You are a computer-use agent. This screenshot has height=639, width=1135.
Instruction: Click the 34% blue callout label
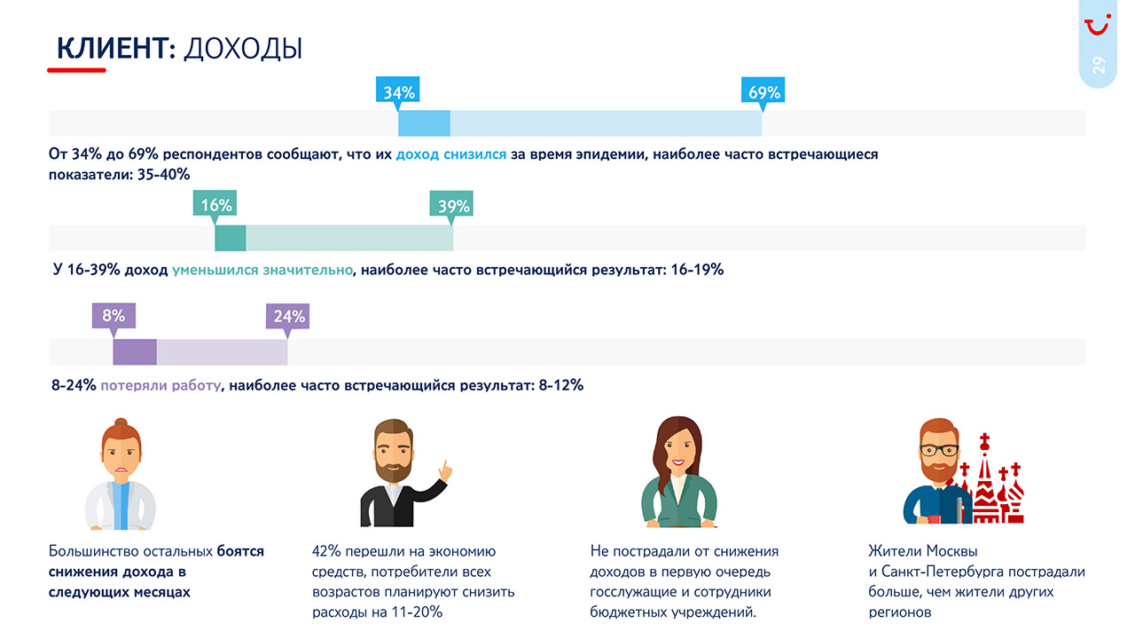pyautogui.click(x=398, y=91)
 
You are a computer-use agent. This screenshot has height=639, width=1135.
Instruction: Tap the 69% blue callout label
pyautogui.click(x=763, y=91)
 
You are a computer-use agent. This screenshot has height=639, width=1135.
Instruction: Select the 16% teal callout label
pyautogui.click(x=215, y=204)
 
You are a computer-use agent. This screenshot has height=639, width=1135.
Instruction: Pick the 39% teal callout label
pyautogui.click(x=451, y=205)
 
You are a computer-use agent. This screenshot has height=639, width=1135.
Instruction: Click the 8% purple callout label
pyautogui.click(x=113, y=315)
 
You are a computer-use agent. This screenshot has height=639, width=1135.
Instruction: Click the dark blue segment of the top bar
pyautogui.click(x=424, y=123)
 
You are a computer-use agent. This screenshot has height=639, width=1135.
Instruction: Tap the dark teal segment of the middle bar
pyautogui.click(x=231, y=238)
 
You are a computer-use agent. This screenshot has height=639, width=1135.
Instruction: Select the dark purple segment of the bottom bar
pyautogui.click(x=135, y=352)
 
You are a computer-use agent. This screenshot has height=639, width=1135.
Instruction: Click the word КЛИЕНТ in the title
pyautogui.click(x=112, y=49)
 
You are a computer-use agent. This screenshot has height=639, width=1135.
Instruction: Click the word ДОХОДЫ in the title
pyautogui.click(x=243, y=50)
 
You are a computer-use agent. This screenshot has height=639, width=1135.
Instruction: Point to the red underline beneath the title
pyautogui.click(x=76, y=70)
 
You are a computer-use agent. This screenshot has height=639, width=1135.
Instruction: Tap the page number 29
pyautogui.click(x=1099, y=65)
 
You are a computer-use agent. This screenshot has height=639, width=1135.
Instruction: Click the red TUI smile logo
pyautogui.click(x=1098, y=25)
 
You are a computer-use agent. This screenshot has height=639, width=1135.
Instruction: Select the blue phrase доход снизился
pyautogui.click(x=451, y=154)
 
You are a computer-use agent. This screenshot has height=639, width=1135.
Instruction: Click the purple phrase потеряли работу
pyautogui.click(x=160, y=385)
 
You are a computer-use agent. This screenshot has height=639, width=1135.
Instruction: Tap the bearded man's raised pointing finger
pyautogui.click(x=445, y=470)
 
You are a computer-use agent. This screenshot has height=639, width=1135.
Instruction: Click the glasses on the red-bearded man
pyautogui.click(x=939, y=450)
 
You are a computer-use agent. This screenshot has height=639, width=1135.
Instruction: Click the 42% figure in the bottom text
pyautogui.click(x=325, y=551)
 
